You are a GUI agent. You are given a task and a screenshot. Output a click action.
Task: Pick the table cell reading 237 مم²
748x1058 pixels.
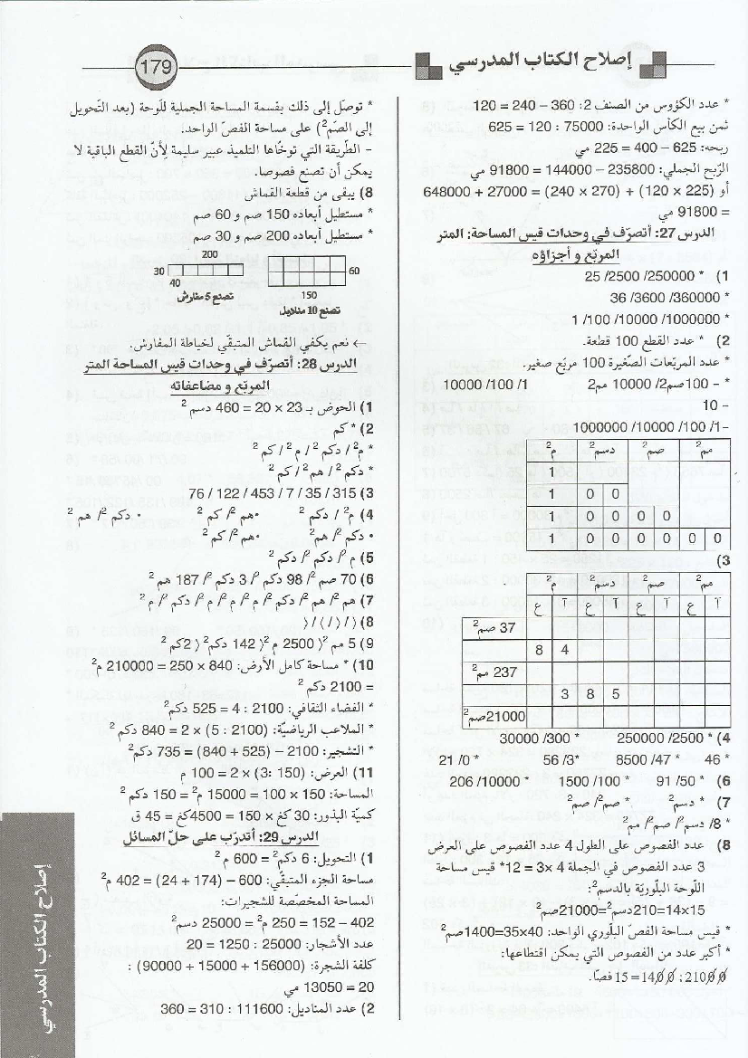497,672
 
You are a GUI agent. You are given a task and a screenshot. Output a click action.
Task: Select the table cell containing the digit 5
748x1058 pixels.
616,694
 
